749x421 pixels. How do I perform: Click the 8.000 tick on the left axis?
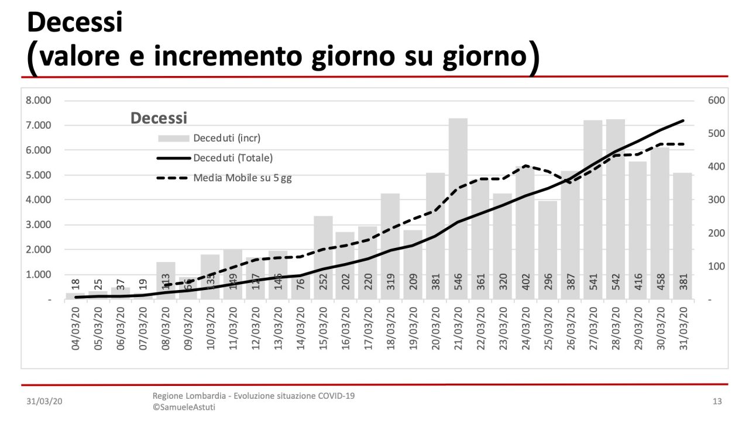[39, 101]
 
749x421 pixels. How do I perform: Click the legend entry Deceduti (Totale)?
[233, 158]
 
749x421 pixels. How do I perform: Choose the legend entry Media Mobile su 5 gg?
[242, 178]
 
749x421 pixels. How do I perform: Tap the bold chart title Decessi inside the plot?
[159, 118]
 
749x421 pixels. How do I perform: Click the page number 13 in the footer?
[717, 401]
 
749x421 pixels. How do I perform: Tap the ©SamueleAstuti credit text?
[184, 407]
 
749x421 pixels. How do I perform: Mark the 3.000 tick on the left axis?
[39, 225]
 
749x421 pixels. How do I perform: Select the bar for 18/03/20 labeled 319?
[390, 246]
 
